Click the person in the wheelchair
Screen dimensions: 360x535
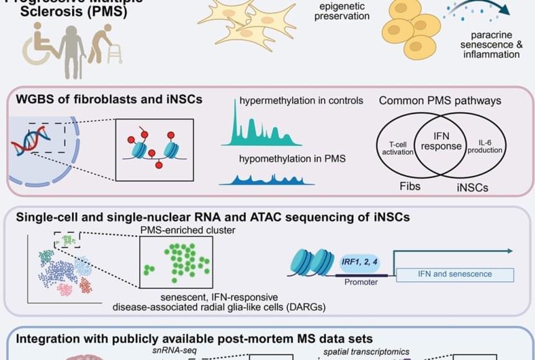(38, 49)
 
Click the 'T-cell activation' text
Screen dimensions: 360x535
(397, 147)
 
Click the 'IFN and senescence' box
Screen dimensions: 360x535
(455, 274)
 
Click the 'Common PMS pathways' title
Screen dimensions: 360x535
(440, 101)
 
